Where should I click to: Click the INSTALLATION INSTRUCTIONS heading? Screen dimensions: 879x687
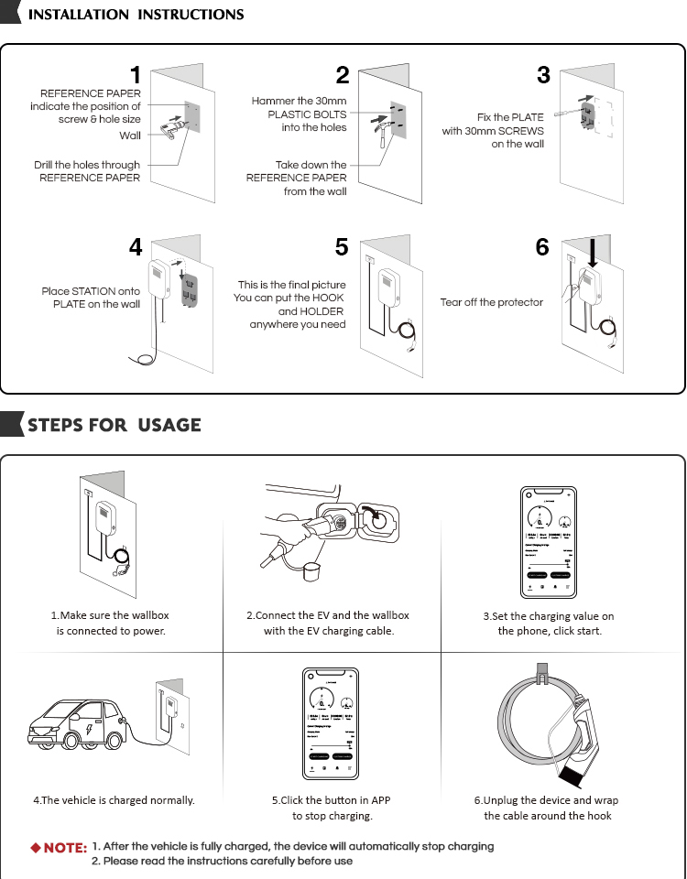pyautogui.click(x=136, y=15)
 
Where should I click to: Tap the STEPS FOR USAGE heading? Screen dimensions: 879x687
pyautogui.click(x=114, y=425)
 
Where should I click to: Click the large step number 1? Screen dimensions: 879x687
pyautogui.click(x=135, y=75)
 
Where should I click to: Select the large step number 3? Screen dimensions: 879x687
pyautogui.click(x=543, y=75)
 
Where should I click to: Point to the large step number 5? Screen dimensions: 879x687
pyautogui.click(x=342, y=247)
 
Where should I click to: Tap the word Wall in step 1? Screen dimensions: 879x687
pyautogui.click(x=130, y=136)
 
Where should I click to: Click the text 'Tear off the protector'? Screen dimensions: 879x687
pyautogui.click(x=491, y=302)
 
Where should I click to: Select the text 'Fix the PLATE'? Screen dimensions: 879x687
pyautogui.click(x=510, y=117)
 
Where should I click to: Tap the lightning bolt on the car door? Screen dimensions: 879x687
pyautogui.click(x=88, y=733)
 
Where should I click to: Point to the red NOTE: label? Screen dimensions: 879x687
pyautogui.click(x=60, y=848)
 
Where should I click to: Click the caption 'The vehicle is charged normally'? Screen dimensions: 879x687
pyautogui.click(x=114, y=800)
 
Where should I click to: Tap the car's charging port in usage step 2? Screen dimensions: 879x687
pyautogui.click(x=375, y=520)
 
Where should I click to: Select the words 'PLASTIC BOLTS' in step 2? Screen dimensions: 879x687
pyautogui.click(x=307, y=114)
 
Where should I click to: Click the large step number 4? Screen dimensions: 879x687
pyautogui.click(x=135, y=247)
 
